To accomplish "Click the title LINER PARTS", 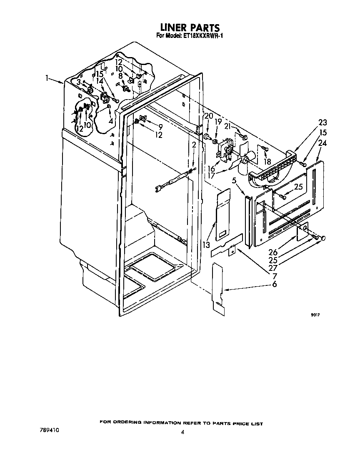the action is click(x=190, y=27).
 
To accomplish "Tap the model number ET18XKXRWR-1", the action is click(x=202, y=36).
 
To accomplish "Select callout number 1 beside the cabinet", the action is click(x=47, y=78).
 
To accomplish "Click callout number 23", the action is click(x=322, y=122).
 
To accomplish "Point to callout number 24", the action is click(x=322, y=143).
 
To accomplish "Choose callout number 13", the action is click(x=206, y=245).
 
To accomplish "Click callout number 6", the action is click(x=274, y=284).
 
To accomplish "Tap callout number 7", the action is click(x=275, y=276).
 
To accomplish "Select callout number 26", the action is click(x=273, y=252).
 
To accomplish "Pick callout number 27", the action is click(x=273, y=268).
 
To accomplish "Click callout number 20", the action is click(x=209, y=116).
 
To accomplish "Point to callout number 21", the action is click(x=228, y=127).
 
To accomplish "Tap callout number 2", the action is click(x=194, y=145).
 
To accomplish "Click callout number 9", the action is click(x=160, y=127).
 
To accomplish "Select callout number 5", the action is click(x=234, y=180).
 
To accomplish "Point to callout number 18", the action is click(x=267, y=162).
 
